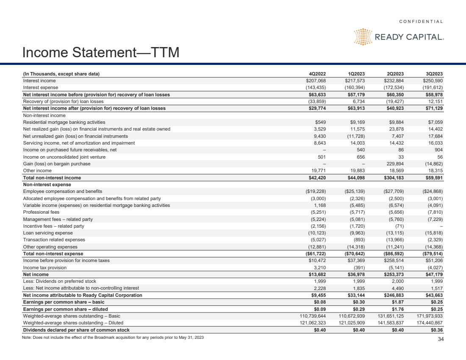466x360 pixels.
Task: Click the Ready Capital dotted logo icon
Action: [363, 37]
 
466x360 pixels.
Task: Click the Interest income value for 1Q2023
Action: [355, 81]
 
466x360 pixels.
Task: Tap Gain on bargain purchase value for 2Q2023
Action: [395, 164]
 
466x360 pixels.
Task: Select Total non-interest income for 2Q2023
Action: [395, 178]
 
